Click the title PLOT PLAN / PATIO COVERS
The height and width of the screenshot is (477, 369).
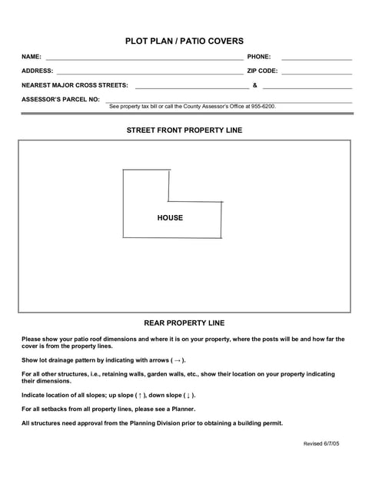coord(184,41)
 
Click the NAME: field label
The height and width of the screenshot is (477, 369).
coord(32,57)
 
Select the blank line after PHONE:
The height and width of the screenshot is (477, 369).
coord(317,58)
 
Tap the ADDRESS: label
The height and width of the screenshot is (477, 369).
coord(38,71)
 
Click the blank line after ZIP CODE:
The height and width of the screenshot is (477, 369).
coord(317,72)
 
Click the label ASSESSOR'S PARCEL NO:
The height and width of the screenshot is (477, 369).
coord(61,99)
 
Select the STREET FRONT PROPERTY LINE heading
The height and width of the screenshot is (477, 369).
coord(184,131)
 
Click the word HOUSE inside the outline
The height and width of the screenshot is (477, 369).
coord(171,218)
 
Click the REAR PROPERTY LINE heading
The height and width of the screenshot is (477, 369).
coord(184,323)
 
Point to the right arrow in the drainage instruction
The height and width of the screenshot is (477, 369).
coord(178,359)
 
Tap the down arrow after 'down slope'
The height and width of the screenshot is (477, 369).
coord(188,395)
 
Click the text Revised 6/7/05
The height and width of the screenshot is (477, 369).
coord(321,444)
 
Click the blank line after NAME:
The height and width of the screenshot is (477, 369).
coord(145,58)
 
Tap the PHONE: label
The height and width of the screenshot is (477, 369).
coord(259,57)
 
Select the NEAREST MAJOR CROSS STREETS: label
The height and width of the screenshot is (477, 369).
coord(75,85)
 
